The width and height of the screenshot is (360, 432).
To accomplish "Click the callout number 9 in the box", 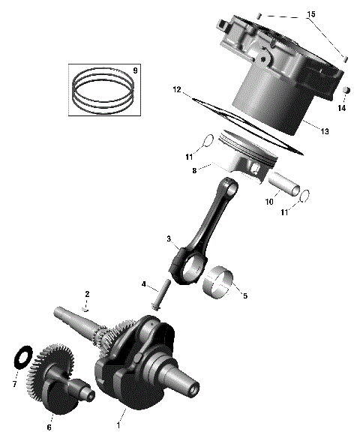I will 135,70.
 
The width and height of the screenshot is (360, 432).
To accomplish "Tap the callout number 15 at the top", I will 311,15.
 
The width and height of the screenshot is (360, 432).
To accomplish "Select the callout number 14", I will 341,109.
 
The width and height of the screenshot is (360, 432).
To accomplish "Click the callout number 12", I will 177,90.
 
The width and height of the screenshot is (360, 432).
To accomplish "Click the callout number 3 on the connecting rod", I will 169,239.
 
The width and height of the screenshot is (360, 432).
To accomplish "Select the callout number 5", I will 244,295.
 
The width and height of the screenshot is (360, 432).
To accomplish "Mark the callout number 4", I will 143,284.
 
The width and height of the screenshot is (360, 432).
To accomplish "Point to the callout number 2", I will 87,293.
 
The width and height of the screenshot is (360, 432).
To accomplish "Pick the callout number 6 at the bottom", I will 50,427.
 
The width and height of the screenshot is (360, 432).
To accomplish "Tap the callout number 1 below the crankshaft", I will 118,425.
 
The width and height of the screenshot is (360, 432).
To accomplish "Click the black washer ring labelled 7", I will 22,357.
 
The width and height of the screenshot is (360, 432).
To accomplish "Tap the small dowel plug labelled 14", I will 347,91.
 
